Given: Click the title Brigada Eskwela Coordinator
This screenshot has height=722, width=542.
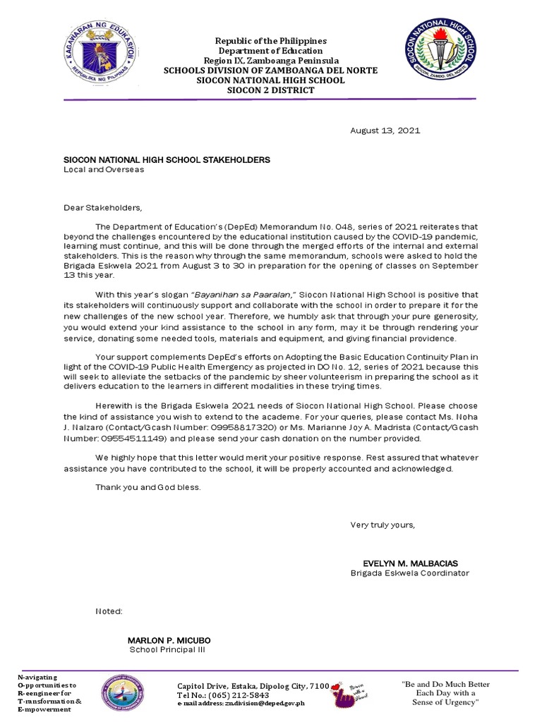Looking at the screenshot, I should coord(410,573).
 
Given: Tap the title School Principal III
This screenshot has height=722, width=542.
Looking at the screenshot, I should coord(168,649).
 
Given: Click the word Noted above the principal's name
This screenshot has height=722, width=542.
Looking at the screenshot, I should coord(109,611).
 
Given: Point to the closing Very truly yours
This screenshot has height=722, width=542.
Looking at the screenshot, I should coord(383,525).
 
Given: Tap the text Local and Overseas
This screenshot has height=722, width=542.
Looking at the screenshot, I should coord(104,170).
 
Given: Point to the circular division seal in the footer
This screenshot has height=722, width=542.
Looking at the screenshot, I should coord(130,694).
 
